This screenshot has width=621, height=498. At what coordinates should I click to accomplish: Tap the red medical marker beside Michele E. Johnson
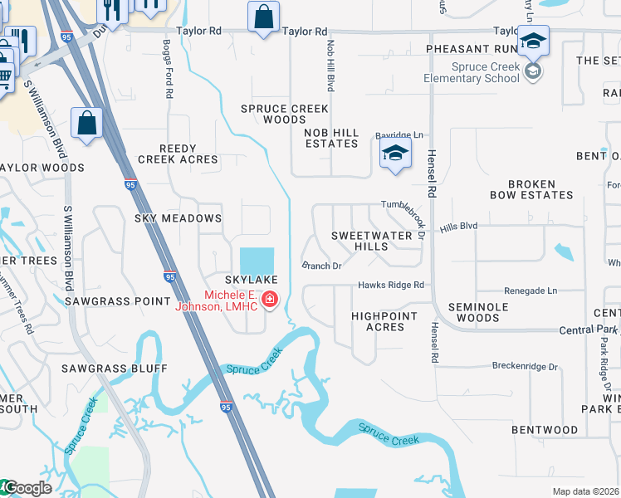(x=269, y=300)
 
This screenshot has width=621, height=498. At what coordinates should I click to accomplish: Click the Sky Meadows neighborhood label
(x=178, y=218)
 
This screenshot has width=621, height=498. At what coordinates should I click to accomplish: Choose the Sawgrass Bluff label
(x=114, y=368)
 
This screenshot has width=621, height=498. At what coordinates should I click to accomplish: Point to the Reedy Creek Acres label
(x=178, y=153)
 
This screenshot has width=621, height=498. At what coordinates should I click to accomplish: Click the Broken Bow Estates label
(x=540, y=189)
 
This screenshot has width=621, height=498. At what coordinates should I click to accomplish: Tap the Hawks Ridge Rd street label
(x=391, y=286)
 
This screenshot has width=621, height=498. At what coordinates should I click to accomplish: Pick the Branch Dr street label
(x=322, y=266)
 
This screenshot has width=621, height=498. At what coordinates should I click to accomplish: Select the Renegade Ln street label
(x=531, y=291)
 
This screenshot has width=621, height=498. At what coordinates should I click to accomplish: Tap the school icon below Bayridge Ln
(x=395, y=153)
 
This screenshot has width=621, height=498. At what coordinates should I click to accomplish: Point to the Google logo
(x=27, y=488)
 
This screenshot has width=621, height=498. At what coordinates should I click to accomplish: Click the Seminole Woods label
(x=473, y=312)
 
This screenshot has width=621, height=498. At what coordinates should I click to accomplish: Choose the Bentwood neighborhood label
(x=545, y=430)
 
